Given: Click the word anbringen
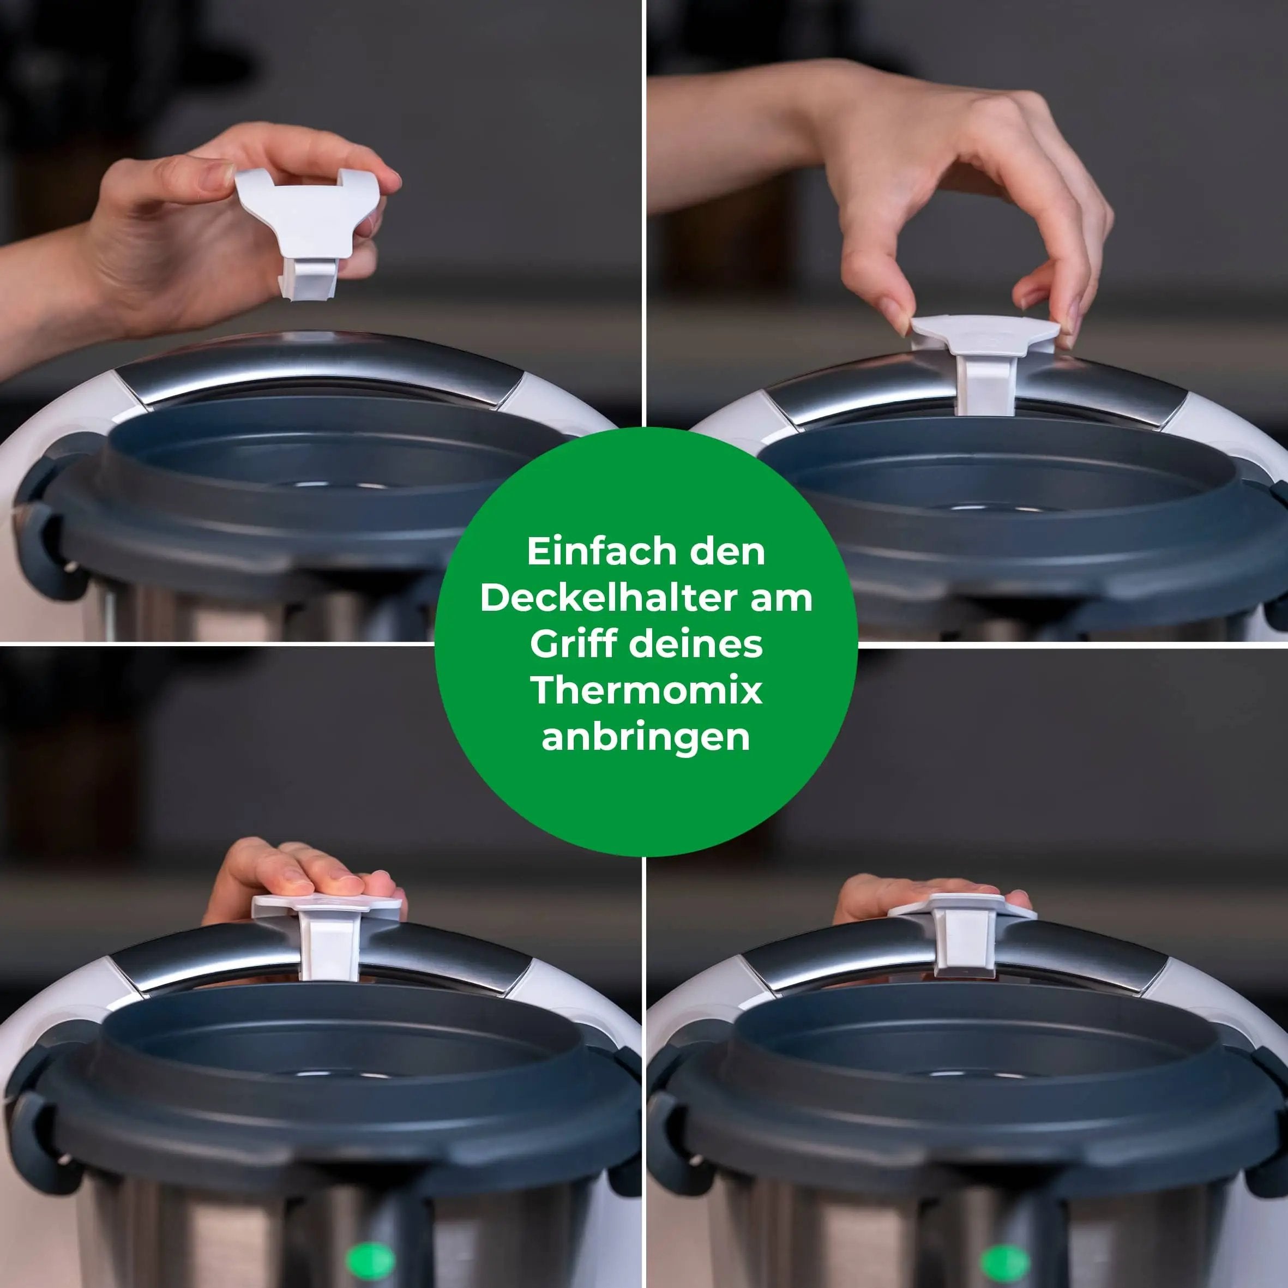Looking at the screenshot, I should (x=645, y=737).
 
